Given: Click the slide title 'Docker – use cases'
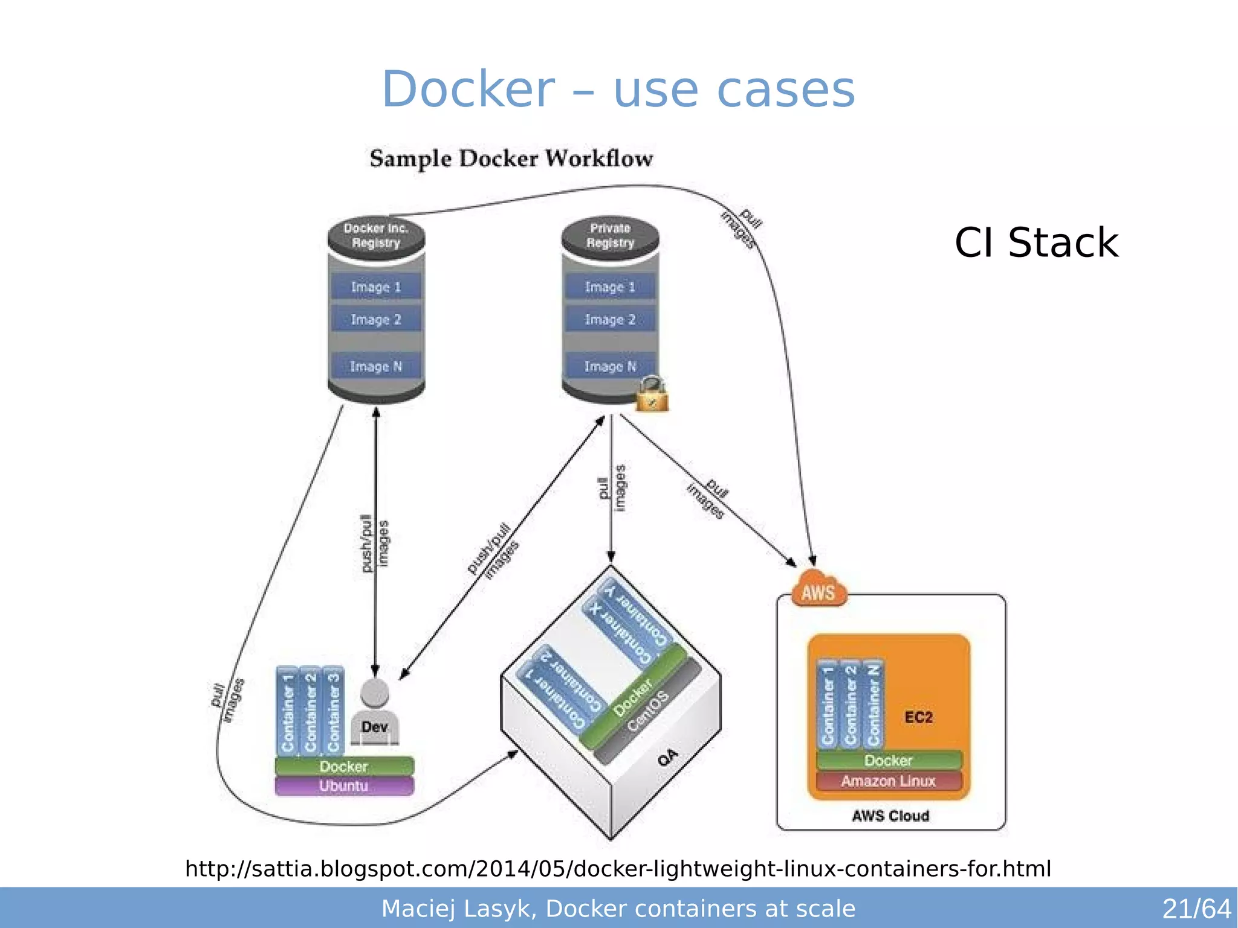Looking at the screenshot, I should pyautogui.click(x=618, y=89).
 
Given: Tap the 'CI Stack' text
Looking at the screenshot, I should pyautogui.click(x=1036, y=243).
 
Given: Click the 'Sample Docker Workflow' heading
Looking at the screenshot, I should pyautogui.click(x=511, y=158).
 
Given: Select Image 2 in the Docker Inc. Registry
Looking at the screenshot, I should pyautogui.click(x=375, y=319).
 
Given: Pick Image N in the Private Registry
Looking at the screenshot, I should pyautogui.click(x=610, y=366).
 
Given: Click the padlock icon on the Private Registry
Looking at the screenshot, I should pyautogui.click(x=652, y=395).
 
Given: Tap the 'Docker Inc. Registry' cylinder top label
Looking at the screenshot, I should pyautogui.click(x=375, y=236).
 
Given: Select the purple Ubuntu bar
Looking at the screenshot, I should pyautogui.click(x=344, y=786).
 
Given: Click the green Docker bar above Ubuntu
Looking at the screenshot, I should pyautogui.click(x=344, y=767).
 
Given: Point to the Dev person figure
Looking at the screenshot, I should pyautogui.click(x=374, y=713).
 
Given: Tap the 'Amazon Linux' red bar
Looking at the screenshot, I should pyautogui.click(x=888, y=781).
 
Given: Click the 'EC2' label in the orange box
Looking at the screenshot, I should pyautogui.click(x=918, y=718).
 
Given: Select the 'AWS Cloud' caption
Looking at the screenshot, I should pyautogui.click(x=890, y=816).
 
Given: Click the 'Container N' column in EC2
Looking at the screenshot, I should pyautogui.click(x=873, y=704).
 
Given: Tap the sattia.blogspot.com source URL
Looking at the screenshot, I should pyautogui.click(x=618, y=869).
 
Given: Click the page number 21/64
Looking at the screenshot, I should pyautogui.click(x=1196, y=909).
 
